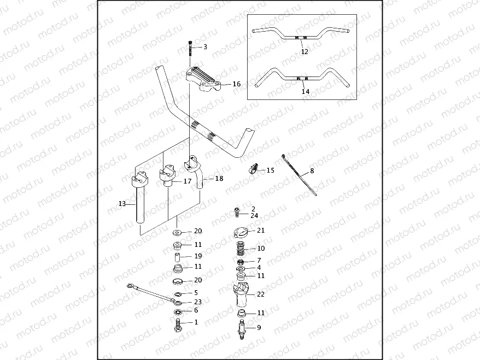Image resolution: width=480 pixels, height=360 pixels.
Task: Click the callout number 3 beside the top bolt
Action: coord(205,47)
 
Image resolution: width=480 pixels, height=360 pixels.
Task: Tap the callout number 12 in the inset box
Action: coord(305,52)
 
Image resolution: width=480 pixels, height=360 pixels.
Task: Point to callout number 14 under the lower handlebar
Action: coord(306,91)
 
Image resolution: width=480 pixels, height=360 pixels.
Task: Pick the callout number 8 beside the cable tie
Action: coord(312,170)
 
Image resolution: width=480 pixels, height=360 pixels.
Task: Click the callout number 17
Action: coord(188,181)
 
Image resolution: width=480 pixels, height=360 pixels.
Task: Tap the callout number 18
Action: coord(219,178)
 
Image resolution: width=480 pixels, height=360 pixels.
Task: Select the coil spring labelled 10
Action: coord(242,248)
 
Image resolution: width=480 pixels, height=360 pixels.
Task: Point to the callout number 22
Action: coord(261,294)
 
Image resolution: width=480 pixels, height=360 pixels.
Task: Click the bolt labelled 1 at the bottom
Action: coord(177,325)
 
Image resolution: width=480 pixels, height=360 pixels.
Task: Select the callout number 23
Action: coord(198,302)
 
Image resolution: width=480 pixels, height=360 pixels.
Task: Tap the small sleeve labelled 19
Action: coord(178,256)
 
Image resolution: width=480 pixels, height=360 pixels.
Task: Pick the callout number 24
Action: coord(254,216)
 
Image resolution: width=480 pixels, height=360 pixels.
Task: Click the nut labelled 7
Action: coord(241,262)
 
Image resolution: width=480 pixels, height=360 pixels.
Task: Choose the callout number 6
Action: coord(196,310)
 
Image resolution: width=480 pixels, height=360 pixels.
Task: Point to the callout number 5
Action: coord(196,293)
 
